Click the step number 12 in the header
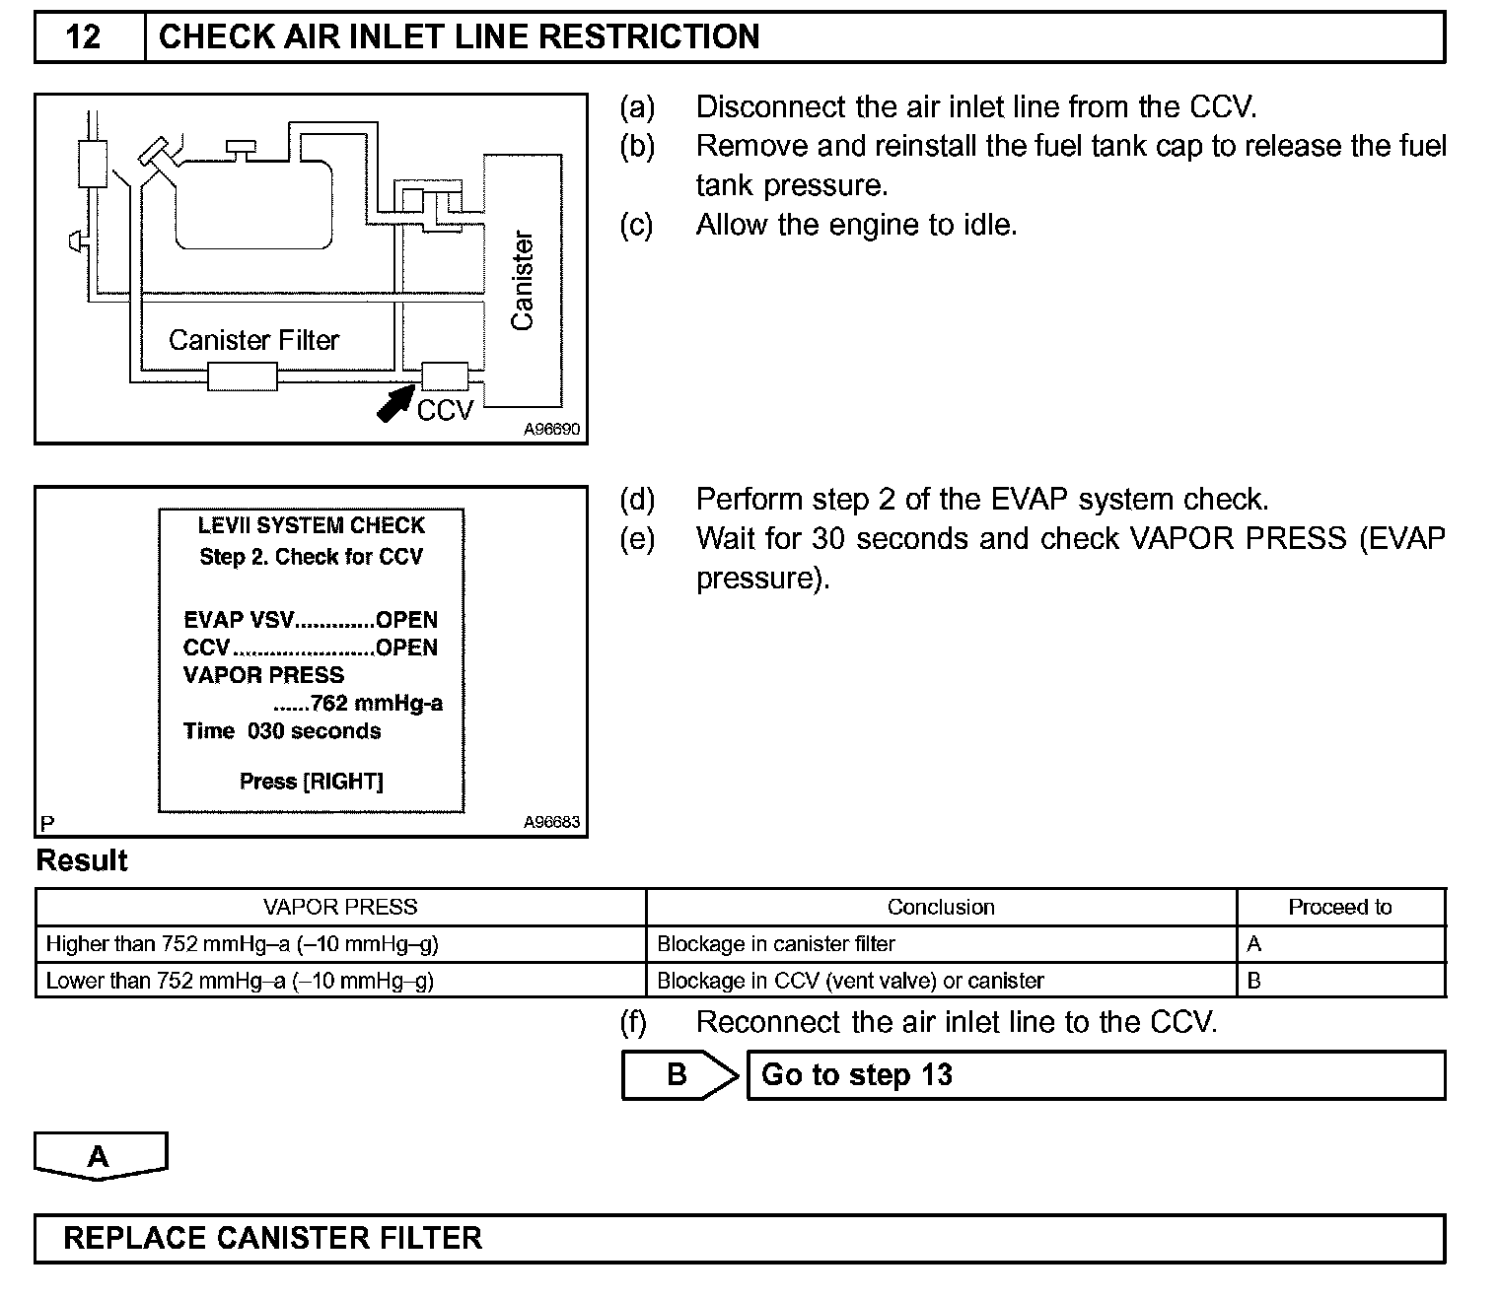coord(84,37)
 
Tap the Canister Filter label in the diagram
coord(253,340)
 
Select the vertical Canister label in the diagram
coord(522,281)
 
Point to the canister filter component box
coord(242,376)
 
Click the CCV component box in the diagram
coord(445,376)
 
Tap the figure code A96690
coord(551,430)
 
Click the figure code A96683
coord(551,822)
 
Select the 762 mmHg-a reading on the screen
coord(376,703)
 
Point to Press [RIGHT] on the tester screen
coord(312,782)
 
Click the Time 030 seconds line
coord(282,731)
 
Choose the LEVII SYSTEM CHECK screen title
coord(312,526)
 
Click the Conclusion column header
coord(941,907)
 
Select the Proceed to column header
coord(1339,907)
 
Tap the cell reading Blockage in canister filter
coord(776,944)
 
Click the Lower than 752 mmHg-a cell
coord(240,981)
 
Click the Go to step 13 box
coord(1095,1074)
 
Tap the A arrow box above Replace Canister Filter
coord(100,1156)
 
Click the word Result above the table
coord(82,860)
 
